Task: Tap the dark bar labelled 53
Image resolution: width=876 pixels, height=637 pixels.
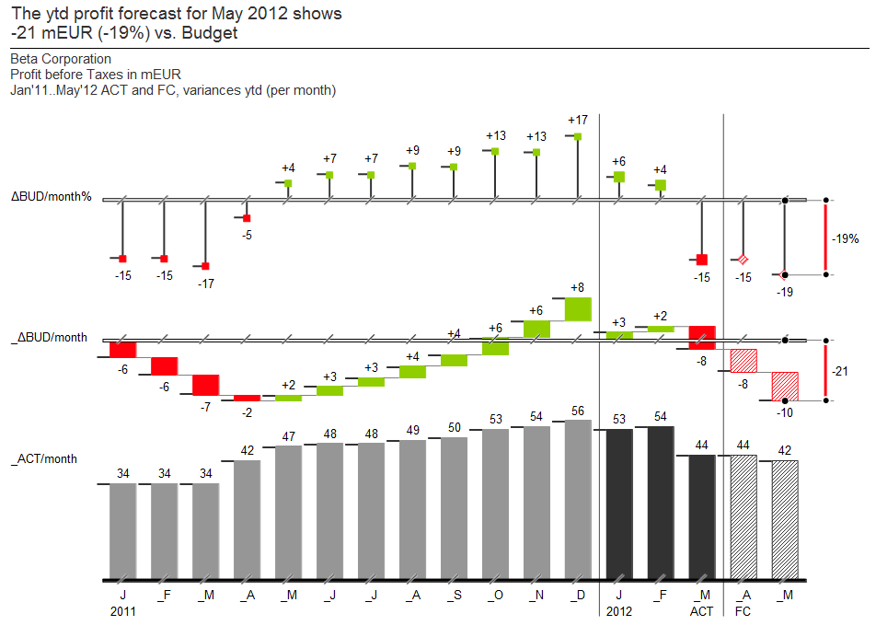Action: coord(619,504)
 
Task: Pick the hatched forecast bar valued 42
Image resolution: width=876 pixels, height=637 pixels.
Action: coord(785,519)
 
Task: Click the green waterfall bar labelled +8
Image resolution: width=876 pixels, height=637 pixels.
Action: coord(578,308)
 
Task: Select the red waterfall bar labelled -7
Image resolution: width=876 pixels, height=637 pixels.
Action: coord(205,385)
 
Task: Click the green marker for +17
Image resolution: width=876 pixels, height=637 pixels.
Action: coord(578,136)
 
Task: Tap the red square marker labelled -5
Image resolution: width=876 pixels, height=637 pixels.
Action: coord(247,218)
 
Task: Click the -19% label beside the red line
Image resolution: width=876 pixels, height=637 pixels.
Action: coord(846,238)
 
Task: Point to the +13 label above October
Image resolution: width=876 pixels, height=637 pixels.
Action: coord(496,136)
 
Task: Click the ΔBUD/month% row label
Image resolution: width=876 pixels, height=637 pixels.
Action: coord(52,197)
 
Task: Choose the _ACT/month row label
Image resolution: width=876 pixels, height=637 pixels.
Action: coord(44,458)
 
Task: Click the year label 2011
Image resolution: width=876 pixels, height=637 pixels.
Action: coord(122,611)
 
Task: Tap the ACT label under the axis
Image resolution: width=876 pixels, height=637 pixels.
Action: coord(701,611)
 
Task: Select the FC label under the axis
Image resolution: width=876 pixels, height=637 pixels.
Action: coord(742,611)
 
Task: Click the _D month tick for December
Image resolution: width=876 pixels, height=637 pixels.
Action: coord(577,596)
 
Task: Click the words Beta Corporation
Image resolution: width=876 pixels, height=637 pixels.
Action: coord(61,59)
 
